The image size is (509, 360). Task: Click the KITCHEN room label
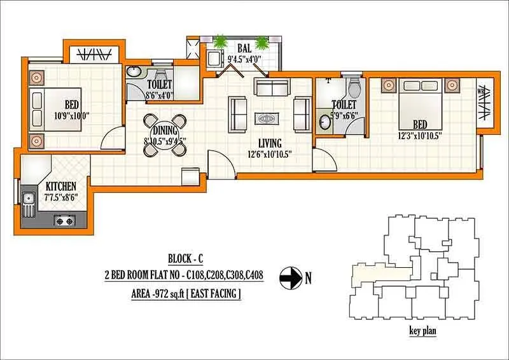[x=61, y=186]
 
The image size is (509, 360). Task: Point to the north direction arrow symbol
[x=291, y=277]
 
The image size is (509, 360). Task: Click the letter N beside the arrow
[x=309, y=278]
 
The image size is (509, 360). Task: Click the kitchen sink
[x=29, y=202]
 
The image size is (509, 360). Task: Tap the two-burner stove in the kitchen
[x=64, y=221]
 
